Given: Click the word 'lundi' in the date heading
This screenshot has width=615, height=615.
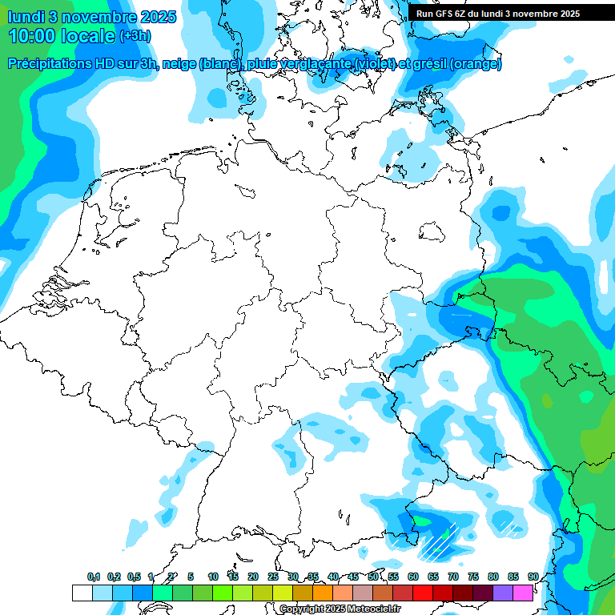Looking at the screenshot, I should (26, 17).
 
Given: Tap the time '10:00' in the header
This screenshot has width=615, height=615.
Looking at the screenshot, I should (32, 36).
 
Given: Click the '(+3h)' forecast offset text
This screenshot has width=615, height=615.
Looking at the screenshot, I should (135, 36).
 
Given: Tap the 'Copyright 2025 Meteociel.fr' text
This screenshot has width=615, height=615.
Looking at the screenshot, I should (340, 609).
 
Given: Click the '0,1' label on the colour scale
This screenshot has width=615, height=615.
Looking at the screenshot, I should (94, 577).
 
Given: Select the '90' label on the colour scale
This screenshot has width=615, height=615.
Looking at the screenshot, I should (533, 577).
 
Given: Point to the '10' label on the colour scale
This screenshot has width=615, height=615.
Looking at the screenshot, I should (213, 577).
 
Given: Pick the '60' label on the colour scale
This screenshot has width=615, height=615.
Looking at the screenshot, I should (413, 577).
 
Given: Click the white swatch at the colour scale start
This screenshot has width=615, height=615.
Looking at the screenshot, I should (82, 593).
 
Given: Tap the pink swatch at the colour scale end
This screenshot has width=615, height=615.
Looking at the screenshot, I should (522, 593).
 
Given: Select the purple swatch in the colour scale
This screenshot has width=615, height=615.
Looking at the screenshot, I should (502, 593).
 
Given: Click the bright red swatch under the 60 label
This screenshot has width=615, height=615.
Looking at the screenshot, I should (422, 593).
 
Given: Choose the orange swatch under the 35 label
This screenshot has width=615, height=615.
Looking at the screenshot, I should (322, 593).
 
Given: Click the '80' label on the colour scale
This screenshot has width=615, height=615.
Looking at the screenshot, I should (493, 577).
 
